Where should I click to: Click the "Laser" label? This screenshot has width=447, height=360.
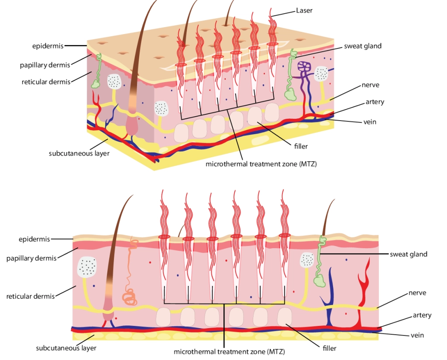point(304,10)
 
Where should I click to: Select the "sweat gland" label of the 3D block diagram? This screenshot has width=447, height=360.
point(362,46)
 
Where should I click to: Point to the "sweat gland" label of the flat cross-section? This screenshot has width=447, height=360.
point(408,254)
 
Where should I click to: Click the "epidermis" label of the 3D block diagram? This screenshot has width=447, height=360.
point(48,45)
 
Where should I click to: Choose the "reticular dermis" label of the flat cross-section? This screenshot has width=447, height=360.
point(31,296)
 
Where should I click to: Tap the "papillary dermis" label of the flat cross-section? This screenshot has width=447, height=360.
point(31,258)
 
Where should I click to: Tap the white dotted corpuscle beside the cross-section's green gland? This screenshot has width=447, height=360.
point(307,260)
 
